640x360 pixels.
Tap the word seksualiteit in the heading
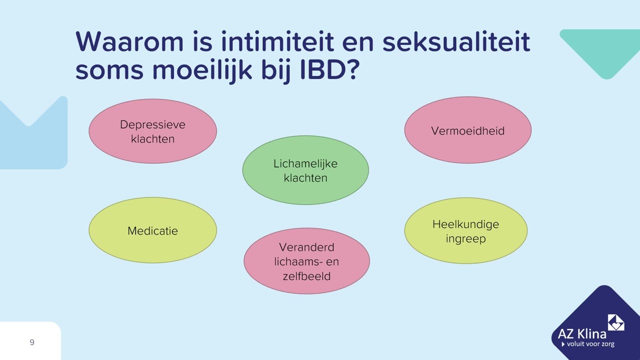455,42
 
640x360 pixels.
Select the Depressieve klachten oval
152,131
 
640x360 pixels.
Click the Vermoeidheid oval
467,130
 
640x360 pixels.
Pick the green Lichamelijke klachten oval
305,170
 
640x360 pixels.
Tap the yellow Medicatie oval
152,230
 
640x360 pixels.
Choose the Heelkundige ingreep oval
465,231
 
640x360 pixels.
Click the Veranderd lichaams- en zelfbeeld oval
306,261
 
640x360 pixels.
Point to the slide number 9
32,342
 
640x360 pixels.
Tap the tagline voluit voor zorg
590,344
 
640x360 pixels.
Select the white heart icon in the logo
615,322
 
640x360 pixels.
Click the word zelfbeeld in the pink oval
306,275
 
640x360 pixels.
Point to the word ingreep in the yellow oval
465,238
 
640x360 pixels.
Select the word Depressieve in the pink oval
152,124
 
